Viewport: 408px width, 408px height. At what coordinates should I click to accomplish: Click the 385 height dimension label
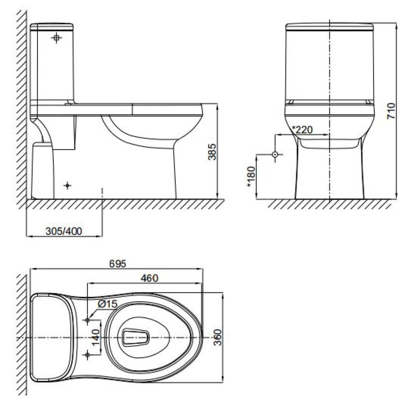tap(212, 152)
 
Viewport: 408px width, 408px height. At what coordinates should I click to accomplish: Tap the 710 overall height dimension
tap(391, 111)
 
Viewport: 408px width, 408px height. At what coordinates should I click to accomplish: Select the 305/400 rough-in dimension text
tap(64, 231)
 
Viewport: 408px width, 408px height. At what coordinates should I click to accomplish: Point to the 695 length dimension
tap(118, 264)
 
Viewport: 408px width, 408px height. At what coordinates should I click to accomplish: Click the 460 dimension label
tap(149, 278)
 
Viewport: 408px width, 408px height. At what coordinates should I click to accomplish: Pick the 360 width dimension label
tap(218, 337)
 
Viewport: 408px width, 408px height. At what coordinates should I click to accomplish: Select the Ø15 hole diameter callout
tap(107, 304)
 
